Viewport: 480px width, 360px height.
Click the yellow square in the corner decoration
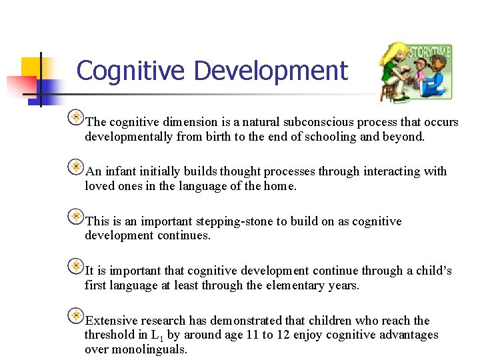click(31, 66)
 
